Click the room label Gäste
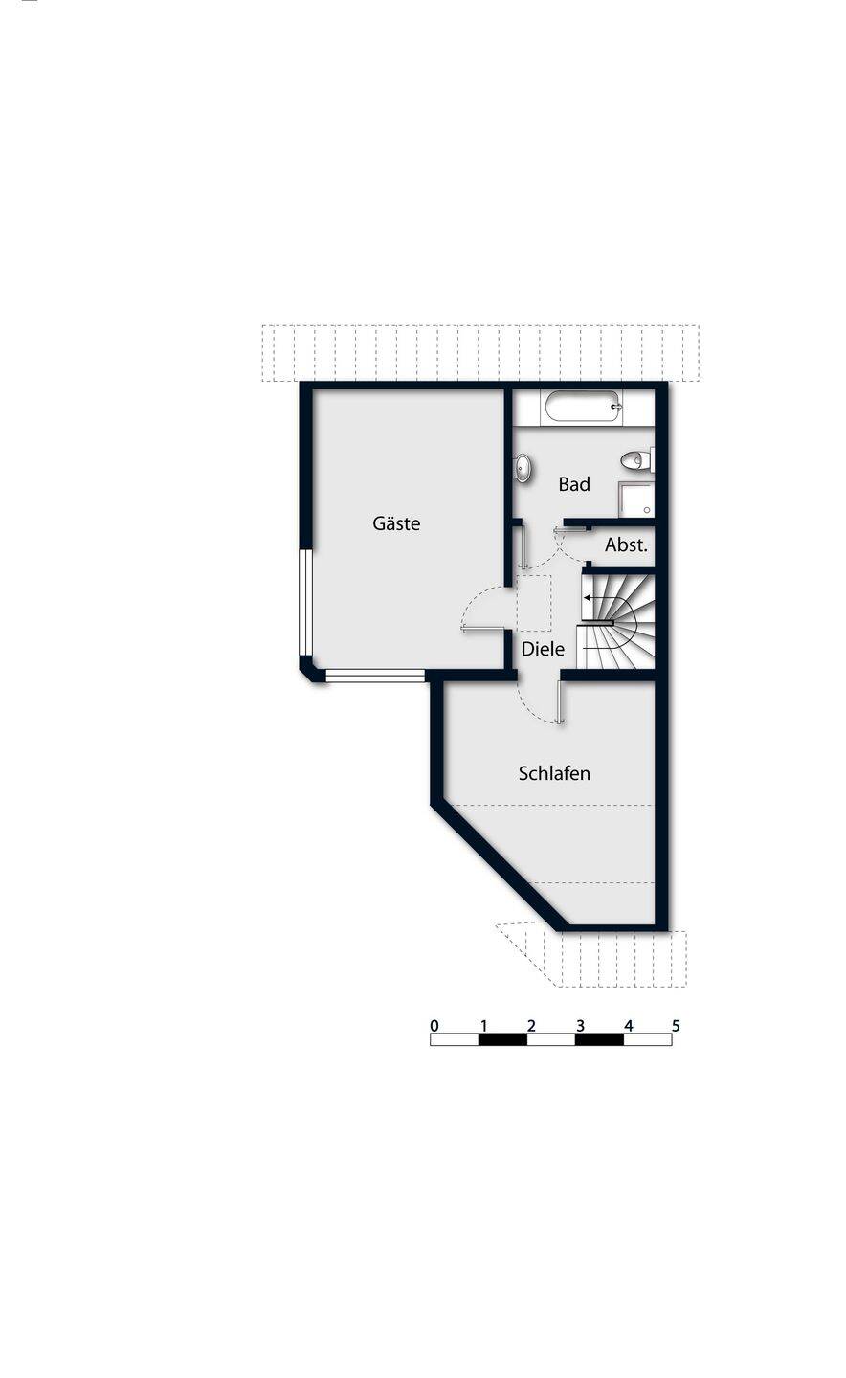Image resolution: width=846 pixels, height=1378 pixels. click(396, 523)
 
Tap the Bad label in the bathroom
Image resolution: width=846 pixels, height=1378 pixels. click(574, 484)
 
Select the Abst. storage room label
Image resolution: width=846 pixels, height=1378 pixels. click(626, 545)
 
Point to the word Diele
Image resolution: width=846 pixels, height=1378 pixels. click(543, 649)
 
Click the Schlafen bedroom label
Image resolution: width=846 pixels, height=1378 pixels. click(554, 773)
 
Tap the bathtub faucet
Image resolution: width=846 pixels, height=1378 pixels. click(615, 407)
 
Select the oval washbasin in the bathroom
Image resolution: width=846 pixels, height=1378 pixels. click(523, 468)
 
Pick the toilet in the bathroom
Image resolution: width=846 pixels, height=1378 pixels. click(636, 460)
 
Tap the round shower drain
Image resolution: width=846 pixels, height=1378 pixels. click(647, 510)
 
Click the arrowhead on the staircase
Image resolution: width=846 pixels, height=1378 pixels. click(587, 597)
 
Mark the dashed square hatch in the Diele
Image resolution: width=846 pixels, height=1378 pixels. click(534, 604)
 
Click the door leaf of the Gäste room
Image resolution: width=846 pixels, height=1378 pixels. click(483, 628)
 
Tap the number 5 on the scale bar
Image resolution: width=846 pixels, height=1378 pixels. click(676, 1026)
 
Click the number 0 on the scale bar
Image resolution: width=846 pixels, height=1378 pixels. click(434, 1026)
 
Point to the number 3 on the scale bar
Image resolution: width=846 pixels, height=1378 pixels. click(580, 1026)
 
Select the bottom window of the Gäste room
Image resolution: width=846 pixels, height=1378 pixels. click(375, 676)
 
